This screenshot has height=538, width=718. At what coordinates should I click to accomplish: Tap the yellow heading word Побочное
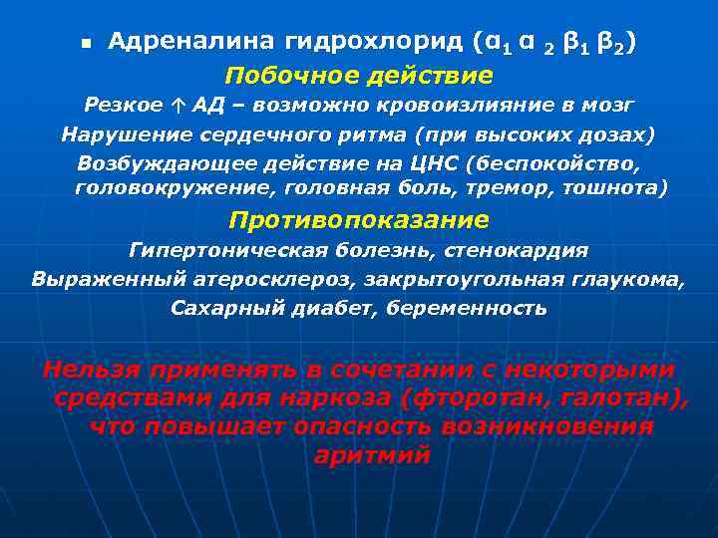pyautogui.click(x=284, y=76)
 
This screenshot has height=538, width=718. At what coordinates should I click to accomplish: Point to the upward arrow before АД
pyautogui.click(x=178, y=105)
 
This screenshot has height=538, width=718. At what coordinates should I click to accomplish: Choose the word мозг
pyautogui.click(x=608, y=105)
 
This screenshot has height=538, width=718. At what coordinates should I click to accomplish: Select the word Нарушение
pyautogui.click(x=115, y=134)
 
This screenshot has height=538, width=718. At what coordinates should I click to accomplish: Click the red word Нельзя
pyautogui.click(x=90, y=370)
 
